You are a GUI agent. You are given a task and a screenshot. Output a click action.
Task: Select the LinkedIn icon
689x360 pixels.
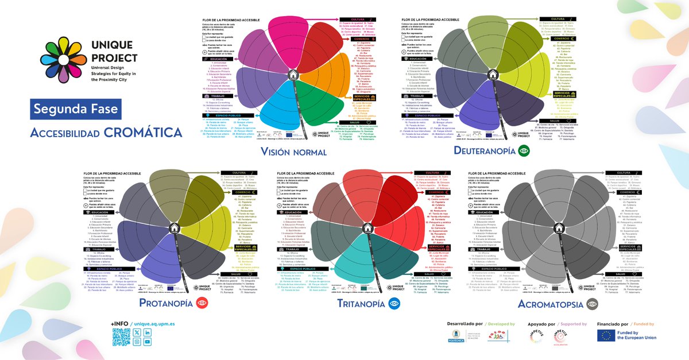tap(148, 332)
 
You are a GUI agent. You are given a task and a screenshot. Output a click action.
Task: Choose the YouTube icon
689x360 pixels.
tap(148, 342)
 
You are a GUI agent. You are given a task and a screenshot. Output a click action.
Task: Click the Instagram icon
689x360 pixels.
tap(137, 342)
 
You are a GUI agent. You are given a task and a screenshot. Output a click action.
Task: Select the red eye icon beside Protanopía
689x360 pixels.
tap(200, 304)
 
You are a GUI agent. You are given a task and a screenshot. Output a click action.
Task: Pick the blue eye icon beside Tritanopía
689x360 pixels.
tap(393, 304)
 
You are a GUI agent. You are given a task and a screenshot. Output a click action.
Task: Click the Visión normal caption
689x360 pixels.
tap(293, 152)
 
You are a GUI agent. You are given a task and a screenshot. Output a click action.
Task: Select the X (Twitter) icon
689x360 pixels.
tap(137, 332)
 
